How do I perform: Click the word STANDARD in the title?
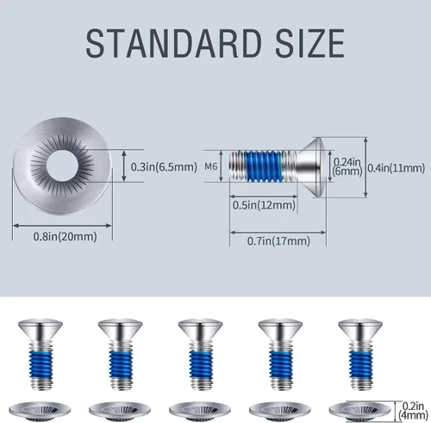(x=173, y=43)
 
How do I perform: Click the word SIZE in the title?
(x=310, y=43)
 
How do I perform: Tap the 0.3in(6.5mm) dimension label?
(x=164, y=167)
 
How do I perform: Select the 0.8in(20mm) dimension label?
(x=65, y=237)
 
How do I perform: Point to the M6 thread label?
(x=211, y=166)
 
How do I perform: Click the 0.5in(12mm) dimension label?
(x=264, y=205)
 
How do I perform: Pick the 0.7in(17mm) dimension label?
(x=278, y=240)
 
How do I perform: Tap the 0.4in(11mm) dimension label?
(x=397, y=168)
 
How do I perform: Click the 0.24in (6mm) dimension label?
(x=347, y=166)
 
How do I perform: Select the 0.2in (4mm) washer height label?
(x=413, y=411)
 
